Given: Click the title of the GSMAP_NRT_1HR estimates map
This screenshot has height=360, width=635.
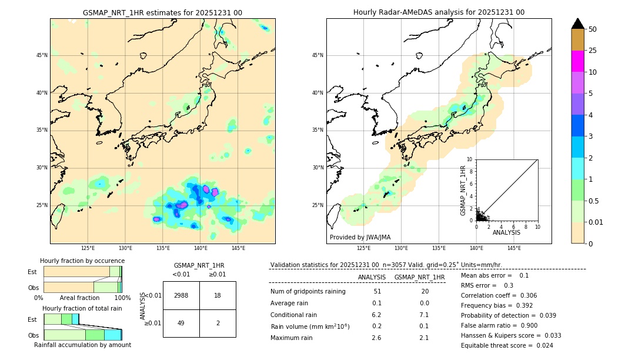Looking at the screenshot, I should click(x=162, y=12).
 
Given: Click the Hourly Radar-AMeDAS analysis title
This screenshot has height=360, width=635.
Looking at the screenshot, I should click(x=439, y=12).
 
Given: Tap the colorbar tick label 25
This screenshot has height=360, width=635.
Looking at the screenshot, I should click(x=593, y=51).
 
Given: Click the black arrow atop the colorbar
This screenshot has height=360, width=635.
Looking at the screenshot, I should click(x=578, y=23).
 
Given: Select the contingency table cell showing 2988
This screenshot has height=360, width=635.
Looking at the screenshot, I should click(x=181, y=295).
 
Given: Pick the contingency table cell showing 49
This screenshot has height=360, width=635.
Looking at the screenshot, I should click(x=181, y=323).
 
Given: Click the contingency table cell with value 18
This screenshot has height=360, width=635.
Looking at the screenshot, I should click(x=218, y=295).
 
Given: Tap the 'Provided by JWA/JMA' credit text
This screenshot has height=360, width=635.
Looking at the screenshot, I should click(x=360, y=238).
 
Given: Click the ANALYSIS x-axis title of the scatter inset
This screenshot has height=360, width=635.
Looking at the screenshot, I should click(x=506, y=233).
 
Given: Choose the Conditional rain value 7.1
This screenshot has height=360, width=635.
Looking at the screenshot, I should click(x=424, y=315).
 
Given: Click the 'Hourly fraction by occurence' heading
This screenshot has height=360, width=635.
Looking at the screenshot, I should click(x=82, y=261).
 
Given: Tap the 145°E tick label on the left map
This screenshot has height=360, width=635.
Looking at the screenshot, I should click(x=238, y=248).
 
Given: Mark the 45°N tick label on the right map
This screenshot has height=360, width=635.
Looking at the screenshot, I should click(x=317, y=56).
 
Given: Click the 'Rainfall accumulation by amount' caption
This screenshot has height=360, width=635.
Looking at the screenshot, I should click(x=82, y=345).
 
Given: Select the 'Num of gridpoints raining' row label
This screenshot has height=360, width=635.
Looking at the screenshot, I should click(x=308, y=292).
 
